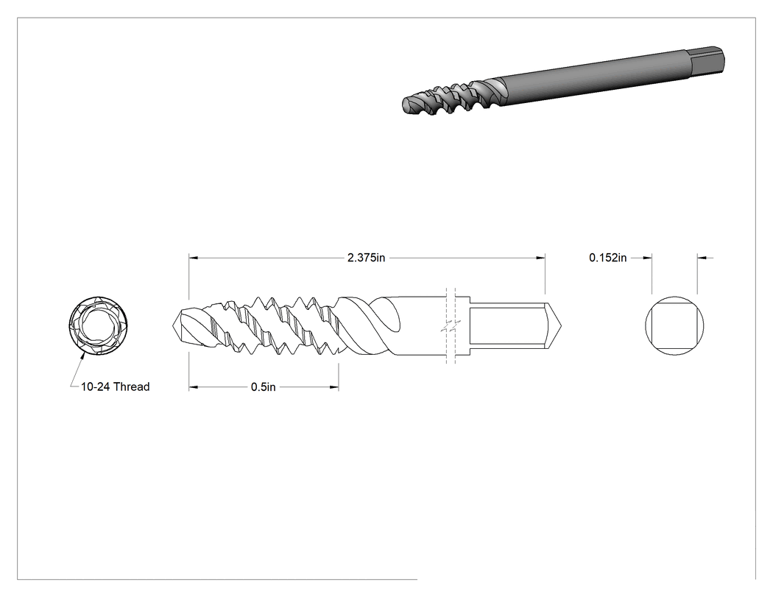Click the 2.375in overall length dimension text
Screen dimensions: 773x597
point(366,258)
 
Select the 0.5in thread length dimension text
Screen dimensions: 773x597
point(264,387)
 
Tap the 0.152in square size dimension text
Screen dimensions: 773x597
point(608,258)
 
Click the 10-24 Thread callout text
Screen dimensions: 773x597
point(115,387)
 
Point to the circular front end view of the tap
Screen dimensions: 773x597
point(99,325)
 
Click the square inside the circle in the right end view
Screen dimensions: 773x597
point(674,325)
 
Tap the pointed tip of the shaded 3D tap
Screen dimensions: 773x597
point(405,105)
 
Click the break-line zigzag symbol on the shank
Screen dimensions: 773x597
point(451,326)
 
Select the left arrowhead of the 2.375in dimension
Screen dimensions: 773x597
point(193,258)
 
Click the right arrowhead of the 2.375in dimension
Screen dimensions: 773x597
point(541,258)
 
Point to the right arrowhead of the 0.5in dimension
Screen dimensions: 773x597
point(334,387)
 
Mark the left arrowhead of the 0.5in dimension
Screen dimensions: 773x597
point(193,387)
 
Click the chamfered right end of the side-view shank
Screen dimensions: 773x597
point(553,325)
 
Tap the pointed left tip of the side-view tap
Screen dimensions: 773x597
point(174,325)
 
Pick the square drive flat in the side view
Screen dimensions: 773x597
point(507,325)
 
